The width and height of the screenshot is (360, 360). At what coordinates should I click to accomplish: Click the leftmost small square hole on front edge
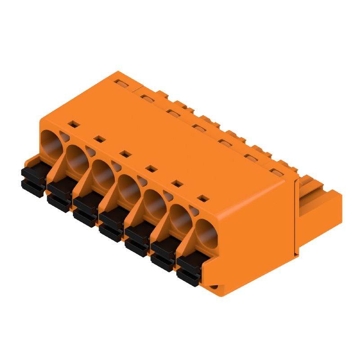click(x=71, y=123)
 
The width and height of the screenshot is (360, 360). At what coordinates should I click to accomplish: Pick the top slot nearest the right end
click(x=275, y=172)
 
